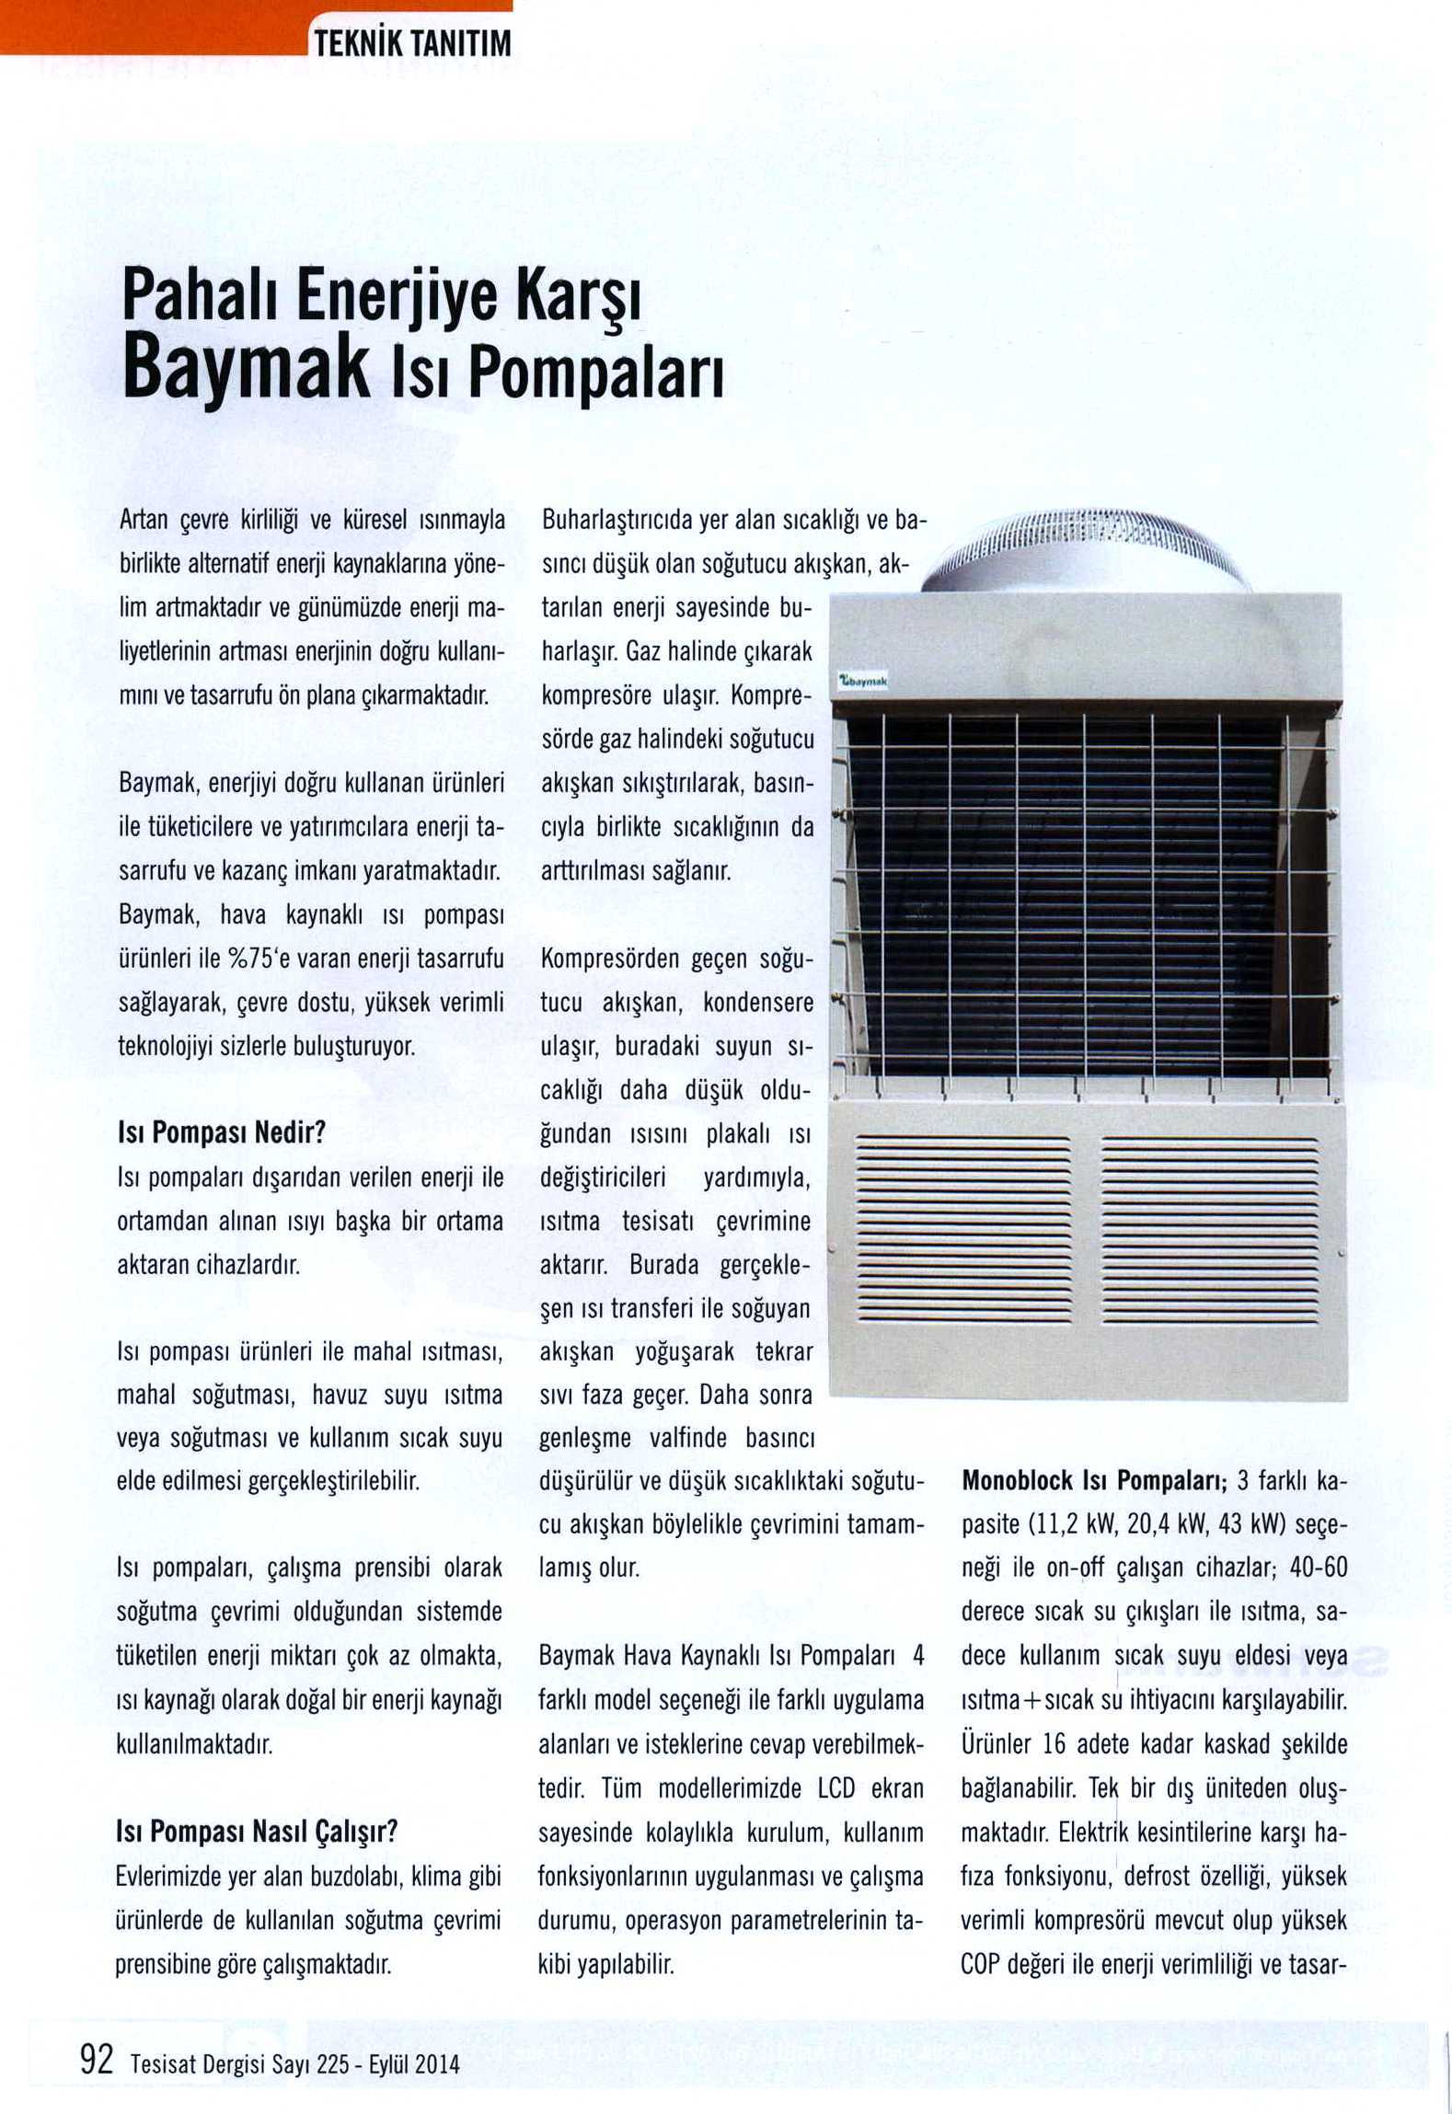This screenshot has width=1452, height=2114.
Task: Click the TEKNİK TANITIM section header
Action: point(412,44)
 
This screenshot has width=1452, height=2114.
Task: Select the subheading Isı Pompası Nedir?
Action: point(222,1132)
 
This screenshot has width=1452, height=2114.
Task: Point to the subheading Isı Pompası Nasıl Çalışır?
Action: point(257,1831)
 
